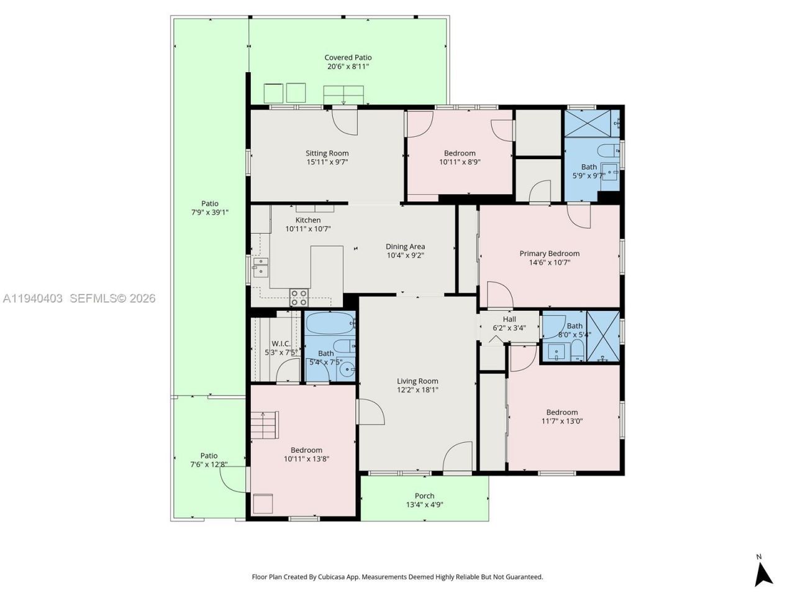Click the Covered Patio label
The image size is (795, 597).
(348, 57)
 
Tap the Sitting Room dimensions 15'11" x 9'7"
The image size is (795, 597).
(327, 162)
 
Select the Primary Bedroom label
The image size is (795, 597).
(549, 253)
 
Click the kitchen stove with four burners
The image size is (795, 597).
(299, 297)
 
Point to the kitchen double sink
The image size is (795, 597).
(260, 266)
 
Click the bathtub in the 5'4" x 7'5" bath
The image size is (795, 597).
(329, 323)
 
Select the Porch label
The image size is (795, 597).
(424, 496)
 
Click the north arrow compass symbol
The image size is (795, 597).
(763, 572)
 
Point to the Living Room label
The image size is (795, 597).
(417, 381)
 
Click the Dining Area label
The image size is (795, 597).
(405, 246)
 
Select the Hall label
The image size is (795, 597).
(509, 319)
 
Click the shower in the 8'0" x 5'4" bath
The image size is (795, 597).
(603, 336)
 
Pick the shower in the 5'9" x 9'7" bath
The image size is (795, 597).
(591, 123)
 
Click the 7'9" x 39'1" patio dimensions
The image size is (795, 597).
(209, 212)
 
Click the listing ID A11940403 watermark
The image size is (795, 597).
(32, 298)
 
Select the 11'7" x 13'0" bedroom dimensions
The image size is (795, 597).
(561, 421)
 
